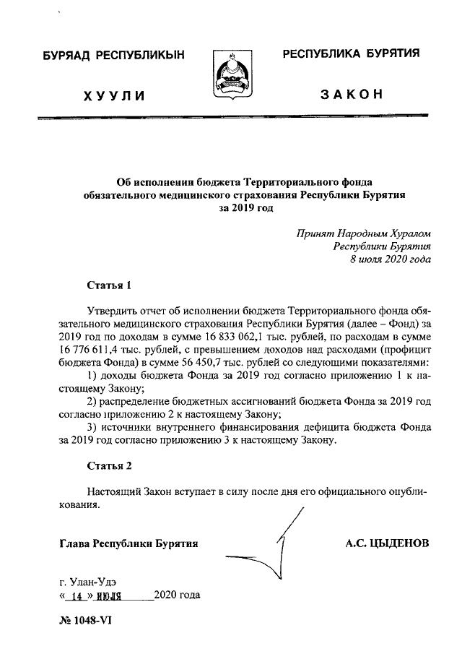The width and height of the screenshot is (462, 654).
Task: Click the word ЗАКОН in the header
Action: [x=351, y=95]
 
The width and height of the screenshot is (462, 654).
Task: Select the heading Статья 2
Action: [x=108, y=465]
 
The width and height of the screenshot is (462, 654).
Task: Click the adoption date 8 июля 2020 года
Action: [x=390, y=259]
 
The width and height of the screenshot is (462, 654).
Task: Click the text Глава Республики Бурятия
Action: [x=129, y=543]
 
